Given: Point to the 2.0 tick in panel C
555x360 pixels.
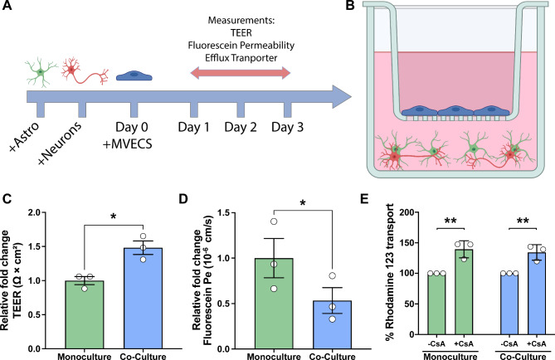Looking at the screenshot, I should pos(43,212).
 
